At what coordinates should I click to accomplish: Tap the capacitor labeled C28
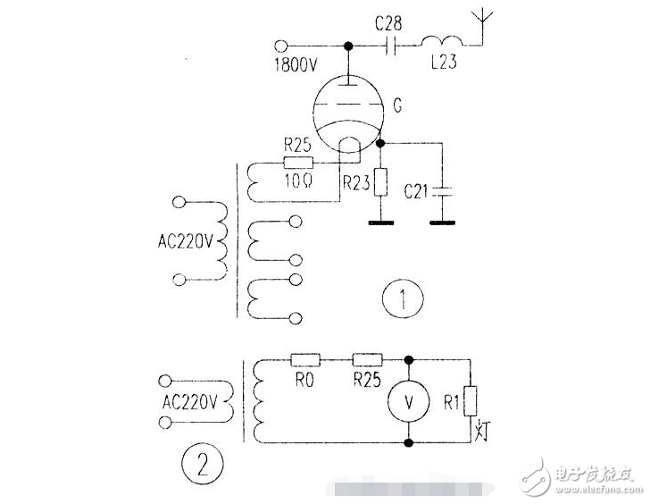tap(391, 46)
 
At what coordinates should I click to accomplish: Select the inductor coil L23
tap(441, 43)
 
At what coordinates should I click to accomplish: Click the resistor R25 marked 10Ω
tap(298, 163)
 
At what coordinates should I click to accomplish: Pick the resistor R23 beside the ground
tap(381, 182)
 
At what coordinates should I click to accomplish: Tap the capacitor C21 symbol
tap(441, 191)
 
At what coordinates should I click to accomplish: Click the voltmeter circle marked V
tap(409, 402)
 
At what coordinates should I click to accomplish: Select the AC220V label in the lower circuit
tap(190, 401)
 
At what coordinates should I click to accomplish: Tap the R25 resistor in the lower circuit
tap(367, 361)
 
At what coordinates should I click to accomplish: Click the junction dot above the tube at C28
tap(349, 46)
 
